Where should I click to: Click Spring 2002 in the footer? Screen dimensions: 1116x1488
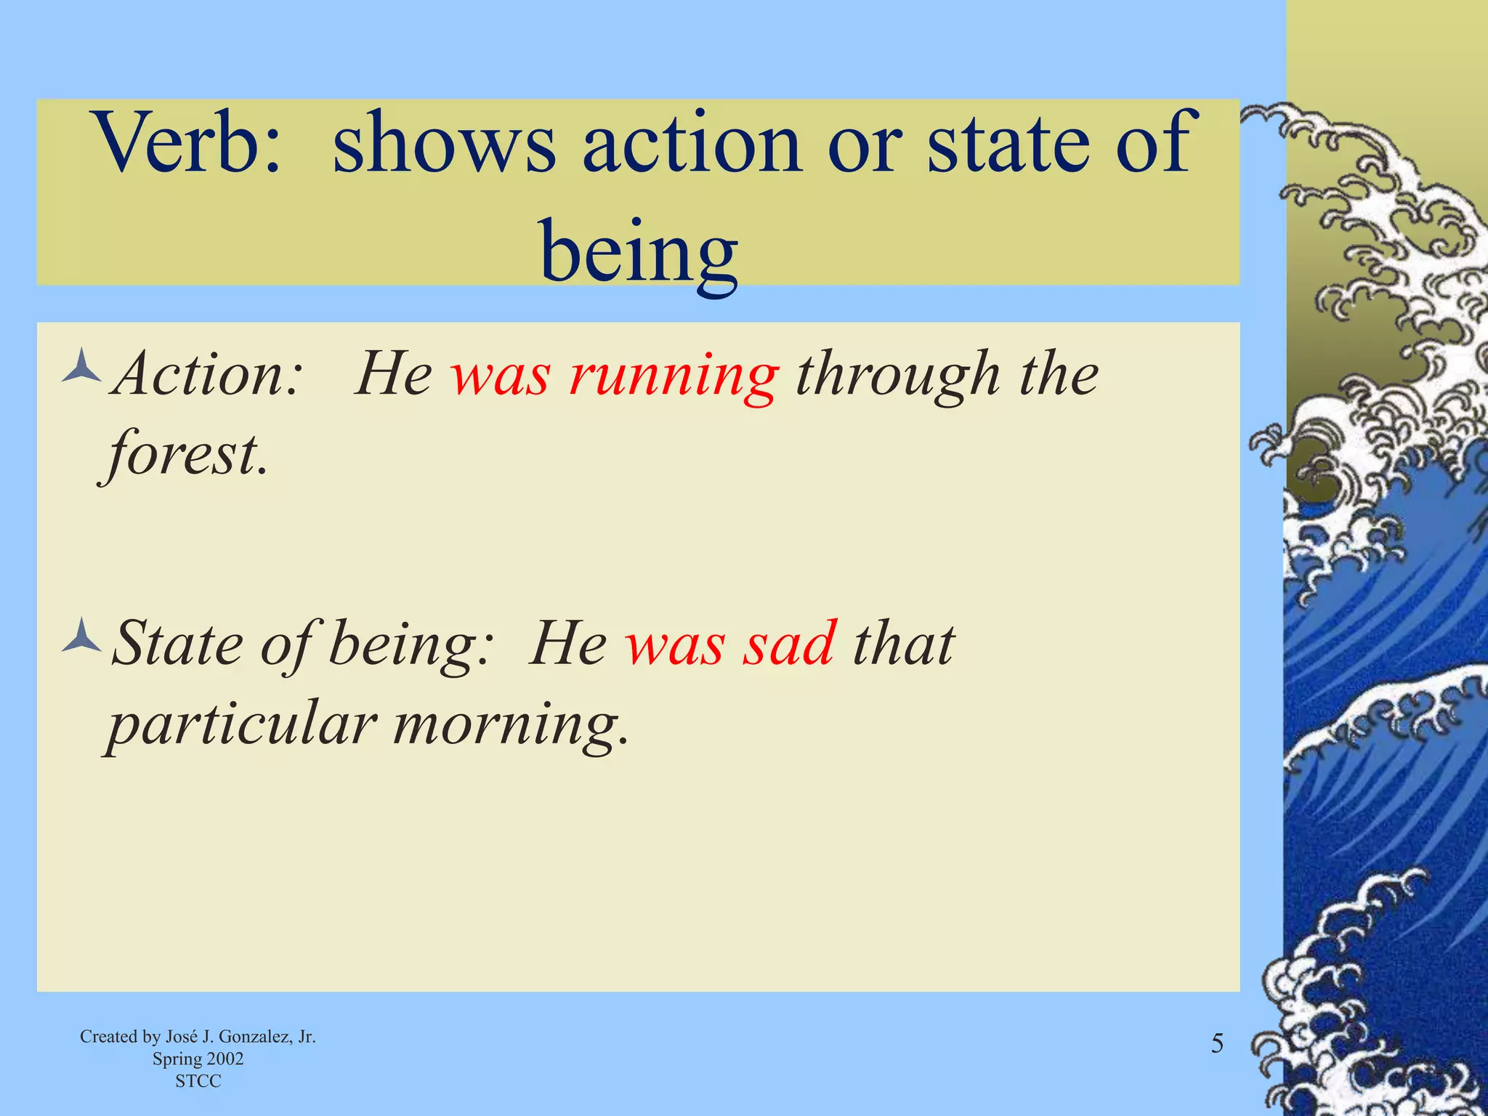[198, 1059]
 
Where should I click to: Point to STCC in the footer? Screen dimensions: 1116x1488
[198, 1081]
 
